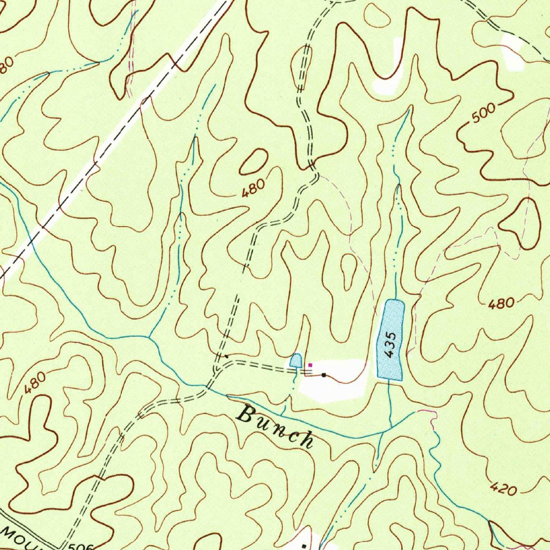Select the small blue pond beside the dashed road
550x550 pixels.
click(295, 360)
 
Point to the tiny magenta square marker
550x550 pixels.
click(310, 365)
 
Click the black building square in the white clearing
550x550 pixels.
click(324, 375)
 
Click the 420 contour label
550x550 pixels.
click(503, 488)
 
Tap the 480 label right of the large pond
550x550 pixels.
click(501, 305)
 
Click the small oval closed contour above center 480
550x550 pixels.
click(254, 162)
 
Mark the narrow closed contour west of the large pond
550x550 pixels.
click(348, 271)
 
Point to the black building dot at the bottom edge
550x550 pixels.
click(304, 545)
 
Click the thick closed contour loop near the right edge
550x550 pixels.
click(524, 223)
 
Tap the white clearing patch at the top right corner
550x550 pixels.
click(513, 54)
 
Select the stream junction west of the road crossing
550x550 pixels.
click(150, 338)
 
